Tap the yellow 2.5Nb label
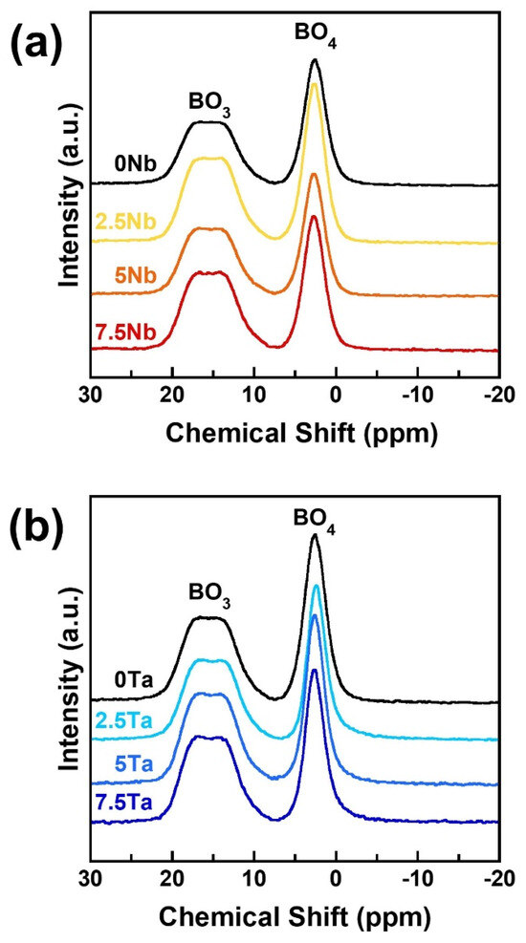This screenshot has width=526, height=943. coord(125,222)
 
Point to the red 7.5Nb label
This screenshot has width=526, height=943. coord(125,332)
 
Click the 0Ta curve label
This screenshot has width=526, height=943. coord(136,681)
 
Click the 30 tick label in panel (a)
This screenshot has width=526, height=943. coord(90,394)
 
